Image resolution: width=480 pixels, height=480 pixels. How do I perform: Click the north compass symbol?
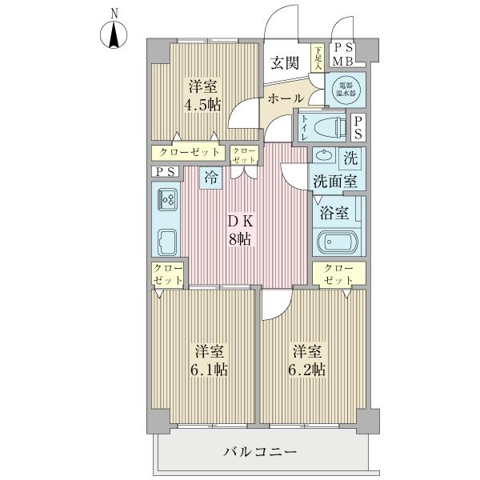pyautogui.click(x=114, y=35)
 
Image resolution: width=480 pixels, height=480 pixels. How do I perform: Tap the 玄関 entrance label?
pyautogui.click(x=285, y=63)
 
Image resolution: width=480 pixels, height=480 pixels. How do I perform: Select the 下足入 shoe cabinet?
pyautogui.click(x=318, y=58)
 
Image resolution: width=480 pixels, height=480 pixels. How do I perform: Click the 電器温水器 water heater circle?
pyautogui.click(x=346, y=90)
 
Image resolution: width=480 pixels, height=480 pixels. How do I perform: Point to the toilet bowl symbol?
pyautogui.click(x=330, y=126)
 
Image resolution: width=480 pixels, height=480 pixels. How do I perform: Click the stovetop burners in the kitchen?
pyautogui.click(x=167, y=200)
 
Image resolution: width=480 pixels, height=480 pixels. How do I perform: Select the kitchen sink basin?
pyautogui.click(x=167, y=242)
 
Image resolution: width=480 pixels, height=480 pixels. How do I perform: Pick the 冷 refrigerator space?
pyautogui.click(x=211, y=178)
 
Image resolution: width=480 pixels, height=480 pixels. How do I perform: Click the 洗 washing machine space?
pyautogui.click(x=350, y=158)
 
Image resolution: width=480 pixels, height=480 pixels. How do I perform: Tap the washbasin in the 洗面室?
pyautogui.click(x=322, y=155)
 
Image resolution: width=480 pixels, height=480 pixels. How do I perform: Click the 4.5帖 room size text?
pyautogui.click(x=202, y=106)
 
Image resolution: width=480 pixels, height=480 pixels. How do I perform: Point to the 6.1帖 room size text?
pyautogui.click(x=209, y=370)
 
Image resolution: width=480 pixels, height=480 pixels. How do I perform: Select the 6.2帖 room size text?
pyautogui.click(x=307, y=370)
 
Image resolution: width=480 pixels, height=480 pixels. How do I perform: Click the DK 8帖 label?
pyautogui.click(x=240, y=230)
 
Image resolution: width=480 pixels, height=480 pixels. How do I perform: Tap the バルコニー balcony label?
pyautogui.click(x=260, y=451)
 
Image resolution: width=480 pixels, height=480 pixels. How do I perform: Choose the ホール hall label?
pyautogui.click(x=286, y=98)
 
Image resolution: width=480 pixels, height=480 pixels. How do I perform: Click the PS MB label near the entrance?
pyautogui.click(x=343, y=54)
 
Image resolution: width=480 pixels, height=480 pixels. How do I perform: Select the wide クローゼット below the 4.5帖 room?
pyautogui.click(x=189, y=153)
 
